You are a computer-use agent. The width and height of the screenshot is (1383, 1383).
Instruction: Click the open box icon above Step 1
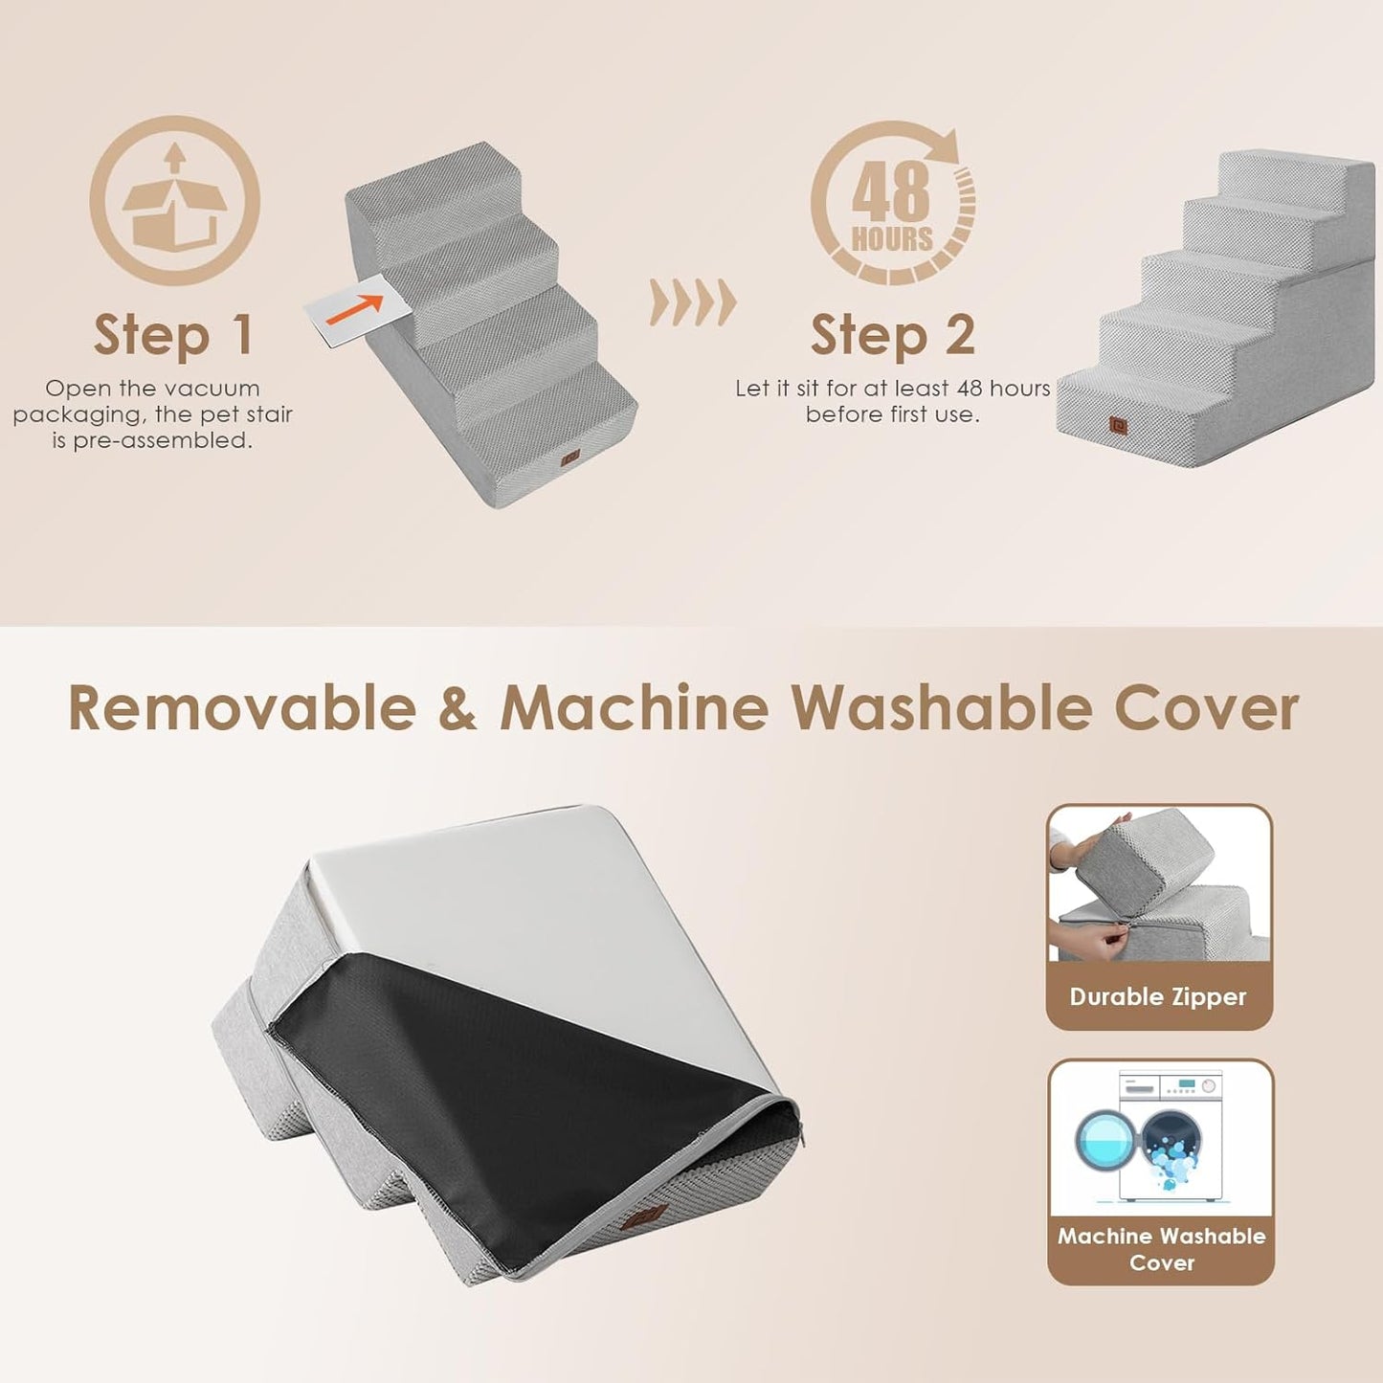174,201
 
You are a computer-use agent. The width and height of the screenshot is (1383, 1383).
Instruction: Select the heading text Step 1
173,335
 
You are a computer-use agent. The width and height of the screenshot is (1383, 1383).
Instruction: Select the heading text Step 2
892,335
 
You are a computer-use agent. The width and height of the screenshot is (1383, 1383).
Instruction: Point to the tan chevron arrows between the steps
693,302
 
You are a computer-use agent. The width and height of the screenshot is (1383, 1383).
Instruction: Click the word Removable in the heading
242,709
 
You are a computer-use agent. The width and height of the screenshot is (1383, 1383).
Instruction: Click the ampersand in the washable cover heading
457,709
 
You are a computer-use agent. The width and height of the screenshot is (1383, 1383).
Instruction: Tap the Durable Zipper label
1158,997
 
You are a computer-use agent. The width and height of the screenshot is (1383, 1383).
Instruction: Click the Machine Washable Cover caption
1161,1249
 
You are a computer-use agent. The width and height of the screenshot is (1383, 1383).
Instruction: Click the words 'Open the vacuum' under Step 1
152,389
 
